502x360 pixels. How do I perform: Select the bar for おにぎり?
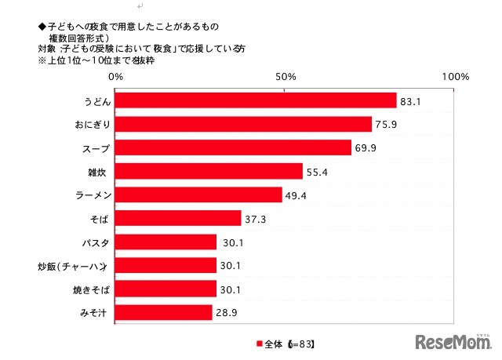point(244,124)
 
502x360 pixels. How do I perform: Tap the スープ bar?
point(234,147)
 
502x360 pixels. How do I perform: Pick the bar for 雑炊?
point(209,171)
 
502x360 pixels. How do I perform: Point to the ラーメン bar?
point(199,195)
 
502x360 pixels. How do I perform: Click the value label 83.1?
point(413,101)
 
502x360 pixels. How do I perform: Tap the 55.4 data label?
point(318,172)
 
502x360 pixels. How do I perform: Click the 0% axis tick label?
point(116,77)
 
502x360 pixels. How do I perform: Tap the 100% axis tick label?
point(456,77)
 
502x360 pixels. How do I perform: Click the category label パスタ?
point(94,242)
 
